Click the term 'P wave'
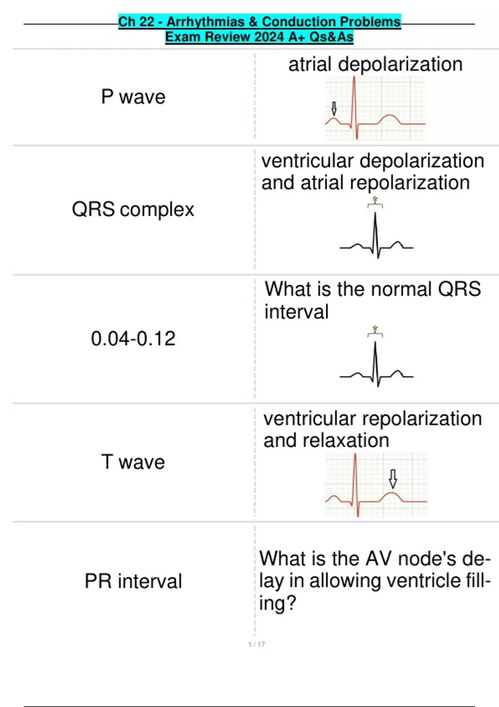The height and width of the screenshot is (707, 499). (133, 97)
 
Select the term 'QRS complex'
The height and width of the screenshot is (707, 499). (133, 209)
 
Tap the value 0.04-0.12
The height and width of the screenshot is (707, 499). (133, 339)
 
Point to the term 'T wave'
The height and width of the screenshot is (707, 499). (133, 462)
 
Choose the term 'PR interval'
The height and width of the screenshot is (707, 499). (133, 581)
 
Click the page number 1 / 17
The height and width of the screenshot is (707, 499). (257, 644)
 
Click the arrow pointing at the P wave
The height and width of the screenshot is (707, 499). (333, 109)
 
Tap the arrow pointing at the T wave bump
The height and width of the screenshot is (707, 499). (393, 479)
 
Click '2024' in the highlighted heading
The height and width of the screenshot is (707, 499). (270, 37)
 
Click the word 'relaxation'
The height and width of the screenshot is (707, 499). (346, 440)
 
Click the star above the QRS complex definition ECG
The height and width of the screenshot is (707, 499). (375, 200)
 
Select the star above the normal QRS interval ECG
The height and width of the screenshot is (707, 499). (375, 329)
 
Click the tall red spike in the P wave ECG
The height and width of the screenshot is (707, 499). (354, 100)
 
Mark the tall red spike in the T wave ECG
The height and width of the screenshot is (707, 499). (356, 478)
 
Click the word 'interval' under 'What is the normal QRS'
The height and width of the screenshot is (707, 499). (296, 312)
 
